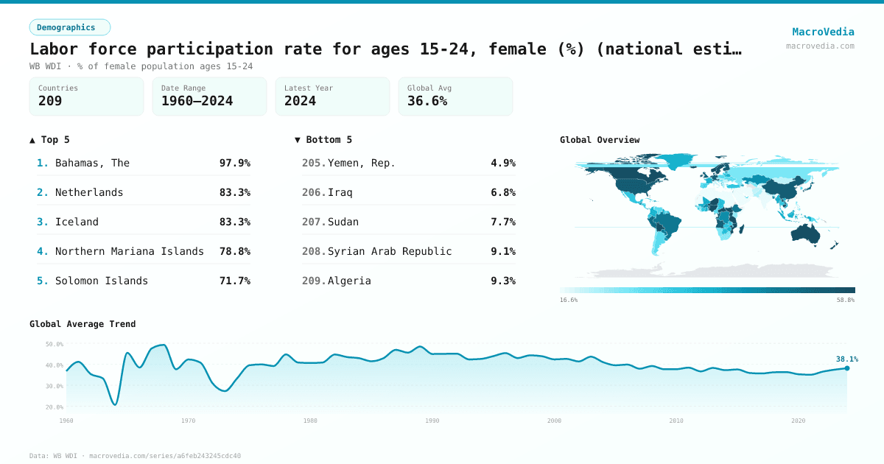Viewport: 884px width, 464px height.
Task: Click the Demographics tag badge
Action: tap(69, 27)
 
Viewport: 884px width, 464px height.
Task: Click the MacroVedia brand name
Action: tap(823, 32)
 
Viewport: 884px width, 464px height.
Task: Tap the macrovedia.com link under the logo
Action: tap(820, 46)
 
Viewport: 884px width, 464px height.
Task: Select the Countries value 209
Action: tap(50, 101)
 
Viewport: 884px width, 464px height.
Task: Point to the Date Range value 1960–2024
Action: tap(197, 101)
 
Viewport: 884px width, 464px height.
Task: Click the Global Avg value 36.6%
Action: tap(427, 101)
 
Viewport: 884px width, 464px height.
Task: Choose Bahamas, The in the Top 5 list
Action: tap(92, 163)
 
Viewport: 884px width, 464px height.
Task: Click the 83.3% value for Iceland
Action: tap(234, 222)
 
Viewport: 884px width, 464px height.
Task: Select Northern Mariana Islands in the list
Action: tap(129, 251)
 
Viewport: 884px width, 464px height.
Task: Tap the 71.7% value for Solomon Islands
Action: tap(234, 281)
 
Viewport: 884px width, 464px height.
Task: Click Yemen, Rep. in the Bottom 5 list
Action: tap(361, 163)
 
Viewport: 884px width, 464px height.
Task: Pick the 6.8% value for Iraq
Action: tap(502, 192)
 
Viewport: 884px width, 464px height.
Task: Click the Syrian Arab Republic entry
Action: tap(389, 251)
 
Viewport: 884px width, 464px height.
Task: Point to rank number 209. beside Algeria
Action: tap(314, 281)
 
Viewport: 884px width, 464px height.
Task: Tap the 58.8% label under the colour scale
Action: tap(845, 300)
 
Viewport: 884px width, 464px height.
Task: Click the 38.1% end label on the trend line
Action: tap(846, 359)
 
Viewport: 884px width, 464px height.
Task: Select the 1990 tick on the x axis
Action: tap(432, 421)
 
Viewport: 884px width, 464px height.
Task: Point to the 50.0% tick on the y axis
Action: tap(55, 344)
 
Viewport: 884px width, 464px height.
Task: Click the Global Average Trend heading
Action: tap(83, 324)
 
